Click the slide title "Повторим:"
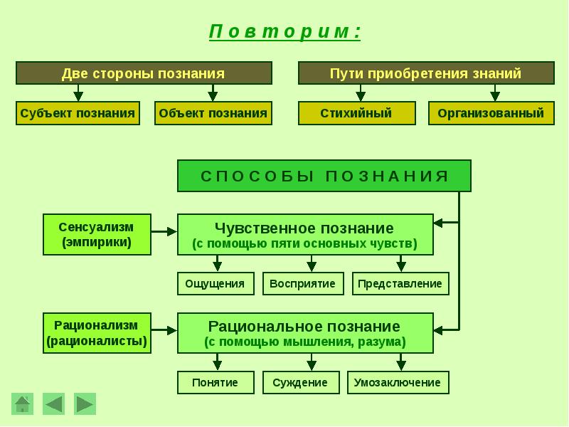click(284, 32)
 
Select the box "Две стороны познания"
click(144, 73)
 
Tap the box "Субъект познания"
click(78, 113)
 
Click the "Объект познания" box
click(213, 113)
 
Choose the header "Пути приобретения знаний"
click(425, 73)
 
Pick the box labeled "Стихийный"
click(356, 113)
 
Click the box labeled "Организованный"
click(491, 113)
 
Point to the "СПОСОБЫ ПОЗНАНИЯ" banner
click(324, 176)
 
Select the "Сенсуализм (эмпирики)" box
click(97, 234)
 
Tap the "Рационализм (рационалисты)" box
click(97, 332)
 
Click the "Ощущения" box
click(215, 283)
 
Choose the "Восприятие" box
click(303, 283)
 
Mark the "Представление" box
click(400, 283)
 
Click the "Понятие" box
click(215, 382)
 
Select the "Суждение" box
click(300, 382)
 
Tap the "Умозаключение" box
click(398, 382)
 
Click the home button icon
click(23, 404)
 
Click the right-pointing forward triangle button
click(85, 404)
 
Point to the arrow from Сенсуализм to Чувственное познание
click(164, 231)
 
